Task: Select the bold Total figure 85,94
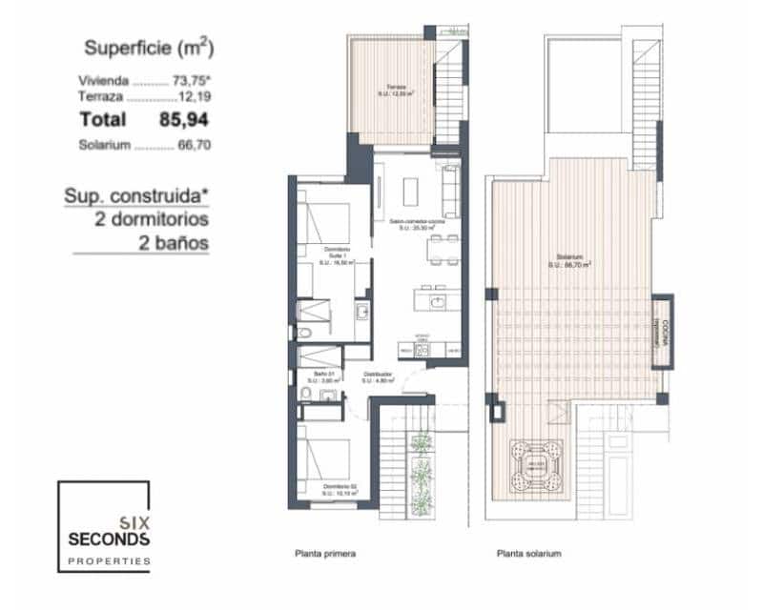pos(183,120)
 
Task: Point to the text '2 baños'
pos(174,242)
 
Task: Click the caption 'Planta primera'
pos(327,553)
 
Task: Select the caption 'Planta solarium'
pos(528,553)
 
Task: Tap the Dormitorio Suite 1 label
pos(338,255)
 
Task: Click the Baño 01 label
pos(330,377)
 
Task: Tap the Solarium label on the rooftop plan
pos(571,259)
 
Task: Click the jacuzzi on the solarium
pos(535,463)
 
